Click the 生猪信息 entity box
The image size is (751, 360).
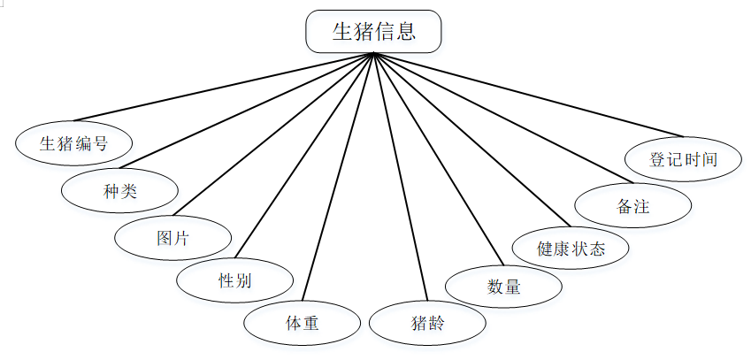tap(373, 31)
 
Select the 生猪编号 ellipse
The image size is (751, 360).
tap(74, 143)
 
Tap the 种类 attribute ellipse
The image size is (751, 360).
tap(119, 189)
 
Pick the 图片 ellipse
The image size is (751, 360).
tap(173, 237)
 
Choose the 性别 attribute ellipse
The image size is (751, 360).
tap(234, 281)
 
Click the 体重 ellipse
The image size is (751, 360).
tap(302, 323)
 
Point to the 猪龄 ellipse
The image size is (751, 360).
tap(427, 323)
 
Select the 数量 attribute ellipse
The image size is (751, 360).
tap(503, 287)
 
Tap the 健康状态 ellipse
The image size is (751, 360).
tap(571, 248)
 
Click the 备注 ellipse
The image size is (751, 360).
tap(632, 206)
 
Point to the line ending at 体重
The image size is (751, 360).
tap(339, 177)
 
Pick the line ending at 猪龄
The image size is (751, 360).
tap(401, 177)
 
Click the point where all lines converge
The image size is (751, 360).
tap(375, 54)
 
